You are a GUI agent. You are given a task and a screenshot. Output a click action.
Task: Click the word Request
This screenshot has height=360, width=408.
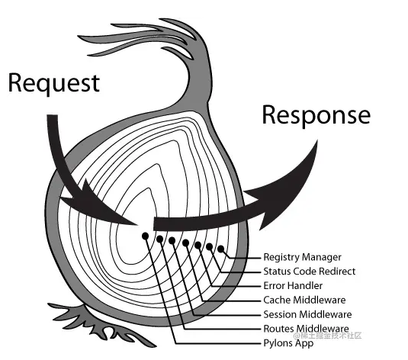pyautogui.click(x=54, y=83)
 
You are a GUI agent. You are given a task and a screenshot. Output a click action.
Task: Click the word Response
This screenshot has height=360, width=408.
pyautogui.click(x=316, y=115)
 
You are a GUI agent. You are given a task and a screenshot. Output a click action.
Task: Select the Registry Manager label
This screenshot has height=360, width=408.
pyautogui.click(x=302, y=257)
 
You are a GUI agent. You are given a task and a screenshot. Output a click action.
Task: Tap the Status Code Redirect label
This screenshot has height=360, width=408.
pyautogui.click(x=310, y=272)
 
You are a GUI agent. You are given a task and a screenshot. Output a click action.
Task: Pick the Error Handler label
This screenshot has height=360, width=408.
pyautogui.click(x=293, y=286)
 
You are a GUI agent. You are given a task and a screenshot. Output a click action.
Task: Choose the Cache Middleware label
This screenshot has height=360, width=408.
pyautogui.click(x=304, y=301)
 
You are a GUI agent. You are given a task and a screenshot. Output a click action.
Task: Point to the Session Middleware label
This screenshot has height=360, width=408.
pyautogui.click(x=307, y=314)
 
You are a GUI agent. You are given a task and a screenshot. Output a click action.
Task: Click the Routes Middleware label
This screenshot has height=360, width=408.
pyautogui.click(x=306, y=329)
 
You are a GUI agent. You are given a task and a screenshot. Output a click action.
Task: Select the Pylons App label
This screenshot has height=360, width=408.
pyautogui.click(x=288, y=343)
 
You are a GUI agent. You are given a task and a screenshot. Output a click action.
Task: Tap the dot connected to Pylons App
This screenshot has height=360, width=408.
pyautogui.click(x=145, y=236)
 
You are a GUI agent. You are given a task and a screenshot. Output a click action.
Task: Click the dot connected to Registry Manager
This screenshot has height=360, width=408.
pyautogui.click(x=220, y=249)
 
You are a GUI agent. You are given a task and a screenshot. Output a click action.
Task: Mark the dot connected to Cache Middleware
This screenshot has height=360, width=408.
pyautogui.click(x=185, y=243)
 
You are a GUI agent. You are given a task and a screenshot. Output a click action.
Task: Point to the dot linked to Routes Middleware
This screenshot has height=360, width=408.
pyautogui.click(x=159, y=239)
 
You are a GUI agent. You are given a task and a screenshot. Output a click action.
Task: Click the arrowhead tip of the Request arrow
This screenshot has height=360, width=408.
pyautogui.click(x=137, y=224)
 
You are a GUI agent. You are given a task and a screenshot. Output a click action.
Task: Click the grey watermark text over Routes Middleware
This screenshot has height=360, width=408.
pyautogui.click(x=327, y=336)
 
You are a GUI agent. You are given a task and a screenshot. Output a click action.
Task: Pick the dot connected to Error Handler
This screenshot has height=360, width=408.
pyautogui.click(x=198, y=245)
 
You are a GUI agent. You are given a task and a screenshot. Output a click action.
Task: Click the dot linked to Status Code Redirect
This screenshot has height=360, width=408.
pyautogui.click(x=209, y=246)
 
